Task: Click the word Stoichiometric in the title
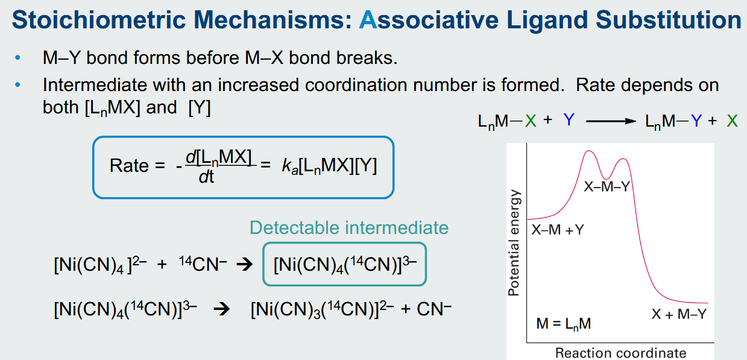click(99, 20)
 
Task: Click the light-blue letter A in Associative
click(368, 20)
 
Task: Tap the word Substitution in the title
click(668, 20)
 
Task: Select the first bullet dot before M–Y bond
click(17, 58)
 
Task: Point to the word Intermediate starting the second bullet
click(95, 85)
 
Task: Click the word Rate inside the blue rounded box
click(129, 165)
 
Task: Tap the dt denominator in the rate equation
click(206, 177)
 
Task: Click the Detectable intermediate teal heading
click(349, 227)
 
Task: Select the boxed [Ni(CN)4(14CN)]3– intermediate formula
click(345, 265)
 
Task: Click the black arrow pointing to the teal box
click(244, 265)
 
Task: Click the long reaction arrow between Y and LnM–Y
click(611, 121)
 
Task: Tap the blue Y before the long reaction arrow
click(569, 120)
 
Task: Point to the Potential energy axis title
click(514, 242)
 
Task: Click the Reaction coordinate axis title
click(620, 353)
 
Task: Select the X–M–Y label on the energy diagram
click(607, 187)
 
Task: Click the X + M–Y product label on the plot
click(679, 314)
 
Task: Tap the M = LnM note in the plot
click(564, 324)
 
